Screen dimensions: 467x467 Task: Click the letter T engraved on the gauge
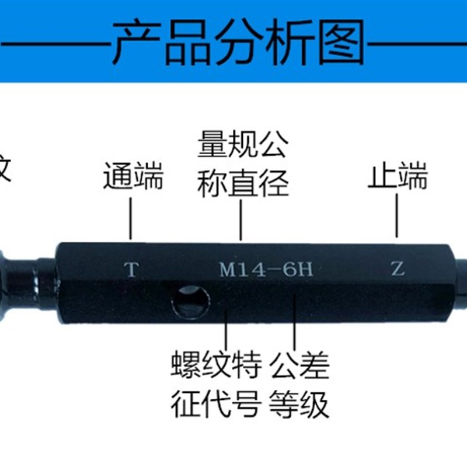click(x=133, y=270)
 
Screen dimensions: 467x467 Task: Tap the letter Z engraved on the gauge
click(x=397, y=269)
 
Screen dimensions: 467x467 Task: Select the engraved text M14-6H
click(x=266, y=270)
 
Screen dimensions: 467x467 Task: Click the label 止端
click(x=398, y=176)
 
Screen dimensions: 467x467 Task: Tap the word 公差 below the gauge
click(x=299, y=365)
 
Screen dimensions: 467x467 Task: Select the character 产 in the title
click(x=135, y=43)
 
